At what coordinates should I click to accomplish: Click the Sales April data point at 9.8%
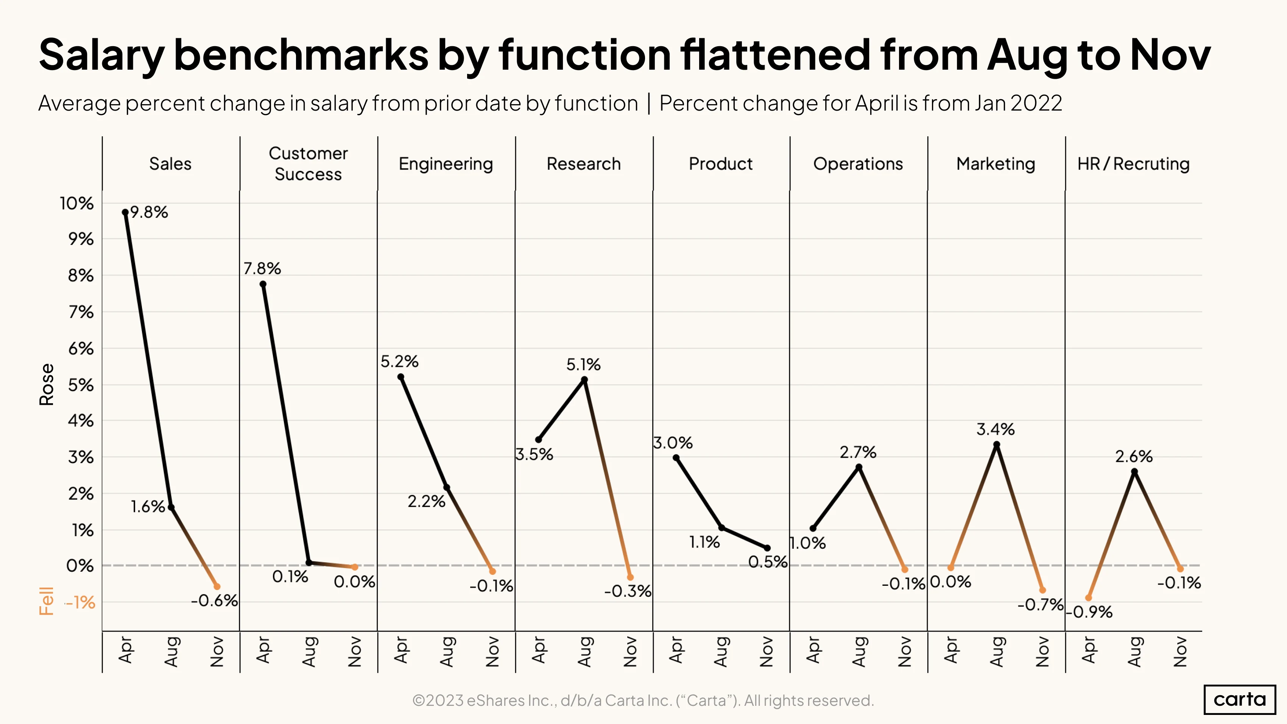click(x=125, y=212)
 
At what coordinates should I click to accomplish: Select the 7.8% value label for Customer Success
click(x=262, y=268)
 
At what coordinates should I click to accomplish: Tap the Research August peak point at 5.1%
click(x=584, y=380)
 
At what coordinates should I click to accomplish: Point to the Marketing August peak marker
click(x=996, y=444)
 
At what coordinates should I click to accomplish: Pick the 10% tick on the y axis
click(x=76, y=203)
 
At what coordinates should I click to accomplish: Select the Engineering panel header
click(x=446, y=164)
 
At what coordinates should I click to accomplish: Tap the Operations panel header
click(x=858, y=164)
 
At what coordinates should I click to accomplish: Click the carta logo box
click(x=1240, y=699)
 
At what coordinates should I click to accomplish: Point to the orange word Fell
click(x=47, y=601)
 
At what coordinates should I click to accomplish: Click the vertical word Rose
click(x=47, y=384)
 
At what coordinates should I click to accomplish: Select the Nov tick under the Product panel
click(x=767, y=652)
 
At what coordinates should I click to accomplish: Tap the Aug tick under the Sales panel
click(x=171, y=652)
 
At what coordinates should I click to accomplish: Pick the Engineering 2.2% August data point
click(x=447, y=488)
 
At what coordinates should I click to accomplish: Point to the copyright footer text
click(x=643, y=701)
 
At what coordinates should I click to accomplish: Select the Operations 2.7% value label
click(x=858, y=452)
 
